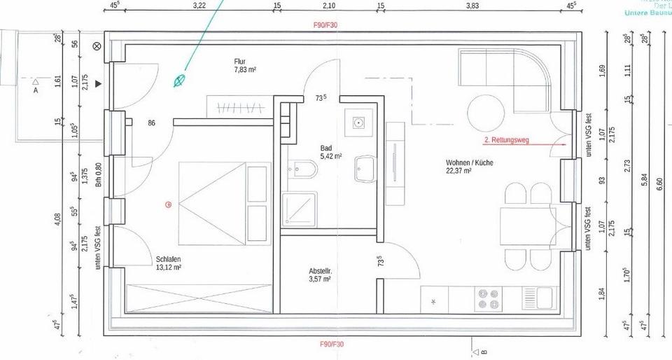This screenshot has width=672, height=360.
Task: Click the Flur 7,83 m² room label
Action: [245, 66]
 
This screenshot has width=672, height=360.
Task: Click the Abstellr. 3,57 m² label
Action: [320, 275]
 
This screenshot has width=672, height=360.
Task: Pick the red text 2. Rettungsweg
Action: [507, 140]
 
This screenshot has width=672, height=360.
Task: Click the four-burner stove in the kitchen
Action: [488, 299]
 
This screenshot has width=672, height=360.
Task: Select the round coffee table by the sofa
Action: [486, 111]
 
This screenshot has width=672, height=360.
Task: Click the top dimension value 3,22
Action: [199, 6]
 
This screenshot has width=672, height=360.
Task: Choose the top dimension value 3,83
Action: [472, 6]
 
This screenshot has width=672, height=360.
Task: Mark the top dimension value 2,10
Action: [329, 6]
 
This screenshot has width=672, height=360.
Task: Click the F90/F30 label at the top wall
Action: [325, 25]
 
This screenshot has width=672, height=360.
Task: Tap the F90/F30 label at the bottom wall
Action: [332, 344]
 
